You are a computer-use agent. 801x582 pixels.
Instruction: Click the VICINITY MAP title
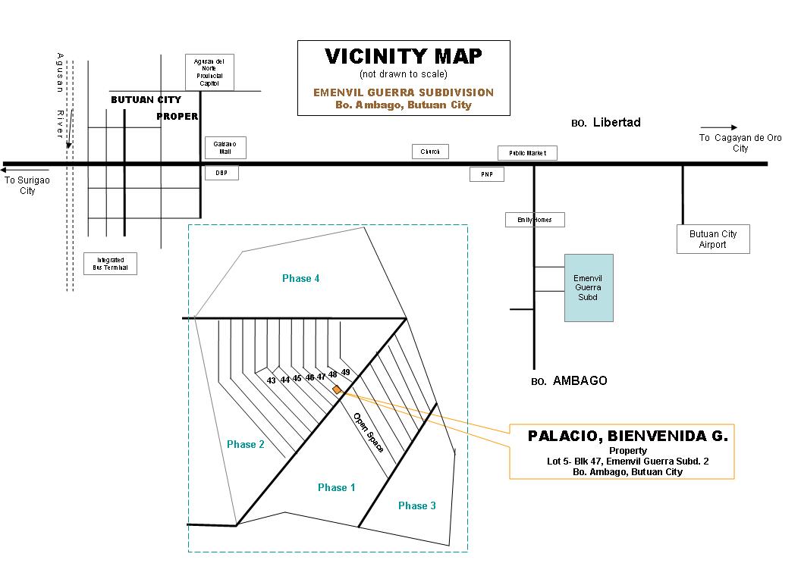click(404, 57)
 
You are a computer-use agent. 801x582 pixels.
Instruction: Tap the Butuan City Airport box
click(712, 239)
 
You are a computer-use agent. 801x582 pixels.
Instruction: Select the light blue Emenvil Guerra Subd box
click(588, 287)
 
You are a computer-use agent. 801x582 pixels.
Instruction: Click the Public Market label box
click(527, 153)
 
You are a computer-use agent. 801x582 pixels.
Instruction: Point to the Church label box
click(430, 152)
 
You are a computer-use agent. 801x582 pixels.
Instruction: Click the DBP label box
click(221, 173)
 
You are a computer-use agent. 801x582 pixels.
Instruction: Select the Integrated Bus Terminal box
click(111, 264)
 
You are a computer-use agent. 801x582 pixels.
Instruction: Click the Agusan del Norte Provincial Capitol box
click(209, 73)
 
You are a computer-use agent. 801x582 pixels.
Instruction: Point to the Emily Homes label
click(535, 220)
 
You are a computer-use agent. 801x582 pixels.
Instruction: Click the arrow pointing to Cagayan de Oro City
click(718, 127)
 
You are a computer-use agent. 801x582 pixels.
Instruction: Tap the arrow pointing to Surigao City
click(26, 171)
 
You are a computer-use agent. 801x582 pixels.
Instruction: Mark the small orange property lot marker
click(337, 389)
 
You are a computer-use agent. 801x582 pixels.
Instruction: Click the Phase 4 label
click(300, 278)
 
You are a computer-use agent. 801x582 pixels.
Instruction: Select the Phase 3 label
click(416, 505)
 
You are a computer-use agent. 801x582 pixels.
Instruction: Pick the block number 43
click(271, 380)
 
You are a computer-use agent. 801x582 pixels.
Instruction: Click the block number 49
click(345, 372)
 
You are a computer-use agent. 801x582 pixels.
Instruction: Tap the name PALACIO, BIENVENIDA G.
click(627, 436)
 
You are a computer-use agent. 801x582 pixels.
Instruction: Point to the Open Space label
click(368, 432)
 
